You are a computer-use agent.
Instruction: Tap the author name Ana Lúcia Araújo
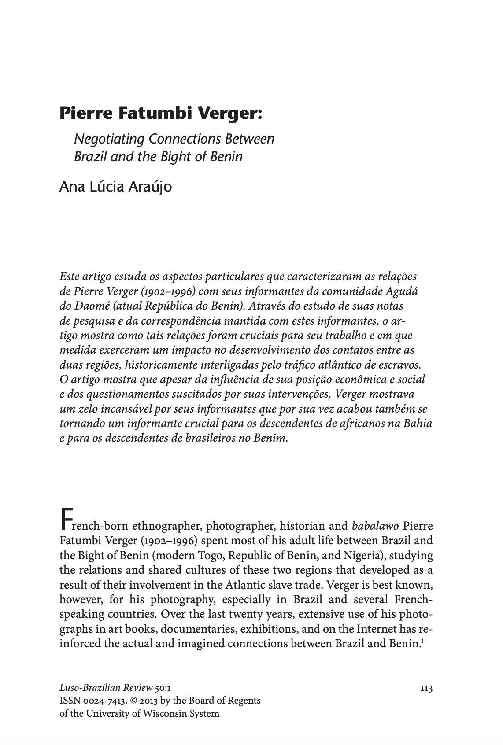tap(115, 187)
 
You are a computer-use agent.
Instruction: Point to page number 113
tap(426, 688)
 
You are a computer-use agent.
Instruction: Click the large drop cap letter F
tap(65, 520)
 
